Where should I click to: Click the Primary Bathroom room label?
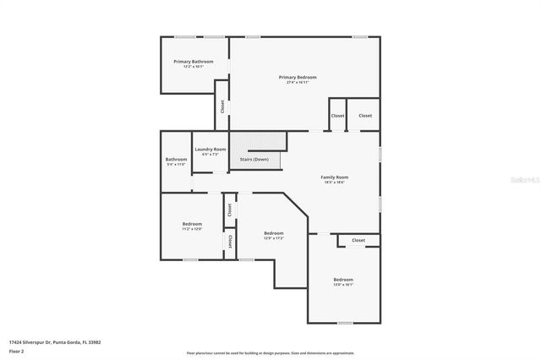[x=193, y=62]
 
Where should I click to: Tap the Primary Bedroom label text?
[x=298, y=77]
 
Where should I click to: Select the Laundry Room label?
[x=210, y=149]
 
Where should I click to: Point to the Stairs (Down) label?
[x=254, y=159]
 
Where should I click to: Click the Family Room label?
[x=335, y=177]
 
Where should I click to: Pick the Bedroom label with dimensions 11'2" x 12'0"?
[x=192, y=223]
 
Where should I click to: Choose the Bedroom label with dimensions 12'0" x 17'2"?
[x=273, y=233]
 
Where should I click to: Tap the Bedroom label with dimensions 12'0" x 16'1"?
[x=342, y=279]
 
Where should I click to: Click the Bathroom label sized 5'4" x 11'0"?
[x=176, y=159]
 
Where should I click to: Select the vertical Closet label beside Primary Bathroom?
[x=222, y=106]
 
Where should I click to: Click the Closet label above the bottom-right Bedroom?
[x=358, y=240]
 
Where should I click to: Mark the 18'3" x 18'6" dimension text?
[x=335, y=183]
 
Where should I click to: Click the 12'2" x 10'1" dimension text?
[x=193, y=67]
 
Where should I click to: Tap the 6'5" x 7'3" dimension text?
[x=210, y=155]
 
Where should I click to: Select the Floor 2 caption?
[x=17, y=351]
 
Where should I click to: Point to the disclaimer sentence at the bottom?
[x=270, y=352]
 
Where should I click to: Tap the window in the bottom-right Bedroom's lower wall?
[x=345, y=323]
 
